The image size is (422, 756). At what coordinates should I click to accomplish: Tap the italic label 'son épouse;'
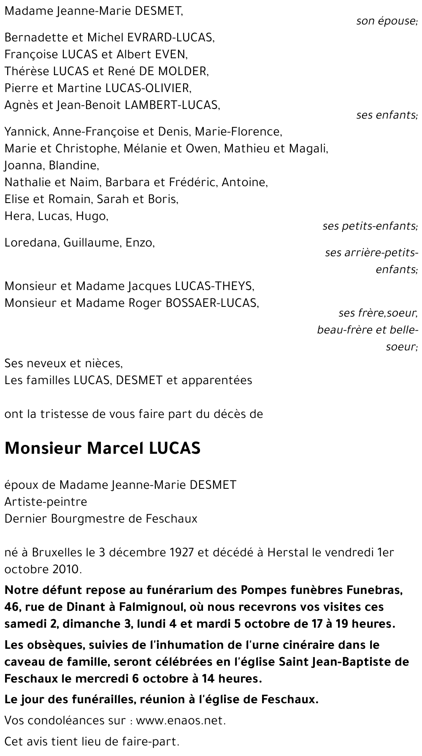click(387, 21)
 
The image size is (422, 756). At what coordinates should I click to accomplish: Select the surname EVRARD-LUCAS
click(170, 38)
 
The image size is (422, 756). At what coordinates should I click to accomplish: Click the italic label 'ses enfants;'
click(387, 115)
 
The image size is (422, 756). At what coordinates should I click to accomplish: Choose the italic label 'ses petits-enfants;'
click(370, 226)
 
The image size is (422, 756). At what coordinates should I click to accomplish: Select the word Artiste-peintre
click(46, 502)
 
